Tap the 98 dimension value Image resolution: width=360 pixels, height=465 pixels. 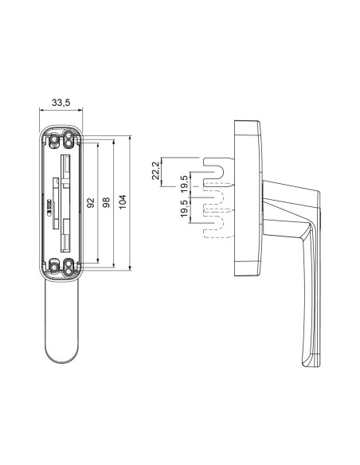tap(106, 203)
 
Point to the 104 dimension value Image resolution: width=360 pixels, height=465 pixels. tap(122, 203)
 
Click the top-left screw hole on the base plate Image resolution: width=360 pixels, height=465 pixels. tap(54, 140)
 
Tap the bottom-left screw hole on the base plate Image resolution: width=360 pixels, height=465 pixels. tap(54, 264)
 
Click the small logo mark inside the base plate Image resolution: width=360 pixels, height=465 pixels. tap(49, 204)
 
